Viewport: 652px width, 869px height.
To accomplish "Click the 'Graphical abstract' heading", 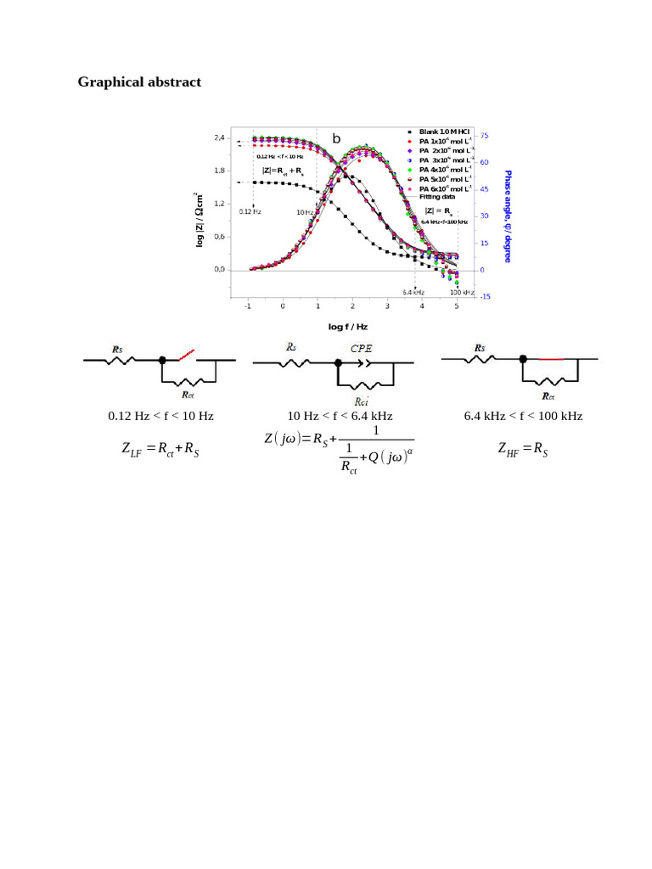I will pos(139,82).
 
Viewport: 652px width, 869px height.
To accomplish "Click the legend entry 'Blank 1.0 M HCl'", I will pos(444,132).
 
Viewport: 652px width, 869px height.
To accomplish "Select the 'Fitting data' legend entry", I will pos(437,196).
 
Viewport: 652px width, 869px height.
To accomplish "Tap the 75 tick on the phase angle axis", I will pos(483,135).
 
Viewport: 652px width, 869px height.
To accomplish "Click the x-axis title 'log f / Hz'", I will pos(350,327).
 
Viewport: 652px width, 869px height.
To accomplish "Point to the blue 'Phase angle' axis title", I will pos(508,216).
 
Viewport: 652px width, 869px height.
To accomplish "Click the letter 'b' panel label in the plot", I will pos(336,138).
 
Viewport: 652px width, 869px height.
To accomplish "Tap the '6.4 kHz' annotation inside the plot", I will pos(413,292).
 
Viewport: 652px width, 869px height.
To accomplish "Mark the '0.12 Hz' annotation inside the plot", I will pos(250,210).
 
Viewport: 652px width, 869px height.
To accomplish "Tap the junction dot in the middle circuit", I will pos(339,362).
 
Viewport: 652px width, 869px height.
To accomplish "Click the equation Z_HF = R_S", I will pos(523,449).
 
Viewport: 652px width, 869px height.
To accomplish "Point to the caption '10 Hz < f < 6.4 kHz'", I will pos(340,416).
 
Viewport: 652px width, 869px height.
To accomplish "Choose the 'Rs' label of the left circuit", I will pos(120,348).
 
